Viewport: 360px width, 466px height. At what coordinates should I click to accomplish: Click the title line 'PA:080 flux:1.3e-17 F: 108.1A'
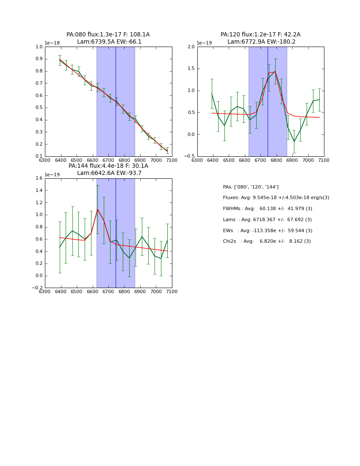click(108, 35)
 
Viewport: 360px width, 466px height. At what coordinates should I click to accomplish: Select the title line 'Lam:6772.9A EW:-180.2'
click(261, 42)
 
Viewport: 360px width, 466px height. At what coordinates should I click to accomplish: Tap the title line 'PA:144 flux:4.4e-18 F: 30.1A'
click(108, 166)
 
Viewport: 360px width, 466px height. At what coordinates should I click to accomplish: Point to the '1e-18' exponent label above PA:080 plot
click(52, 43)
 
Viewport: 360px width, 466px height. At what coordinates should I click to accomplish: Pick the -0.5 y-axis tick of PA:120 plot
click(189, 156)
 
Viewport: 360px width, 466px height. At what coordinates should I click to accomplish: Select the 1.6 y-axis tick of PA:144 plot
click(39, 178)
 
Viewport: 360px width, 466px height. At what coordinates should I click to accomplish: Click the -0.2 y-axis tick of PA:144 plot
click(37, 288)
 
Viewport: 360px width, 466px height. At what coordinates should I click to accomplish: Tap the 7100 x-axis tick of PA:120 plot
click(324, 160)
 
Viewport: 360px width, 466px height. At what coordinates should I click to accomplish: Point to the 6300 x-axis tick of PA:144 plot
click(45, 291)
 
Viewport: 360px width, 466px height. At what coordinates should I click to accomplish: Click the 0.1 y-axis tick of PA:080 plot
click(39, 156)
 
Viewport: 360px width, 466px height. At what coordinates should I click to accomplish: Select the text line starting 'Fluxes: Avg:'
click(276, 198)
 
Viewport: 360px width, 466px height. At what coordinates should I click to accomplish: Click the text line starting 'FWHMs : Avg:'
click(267, 209)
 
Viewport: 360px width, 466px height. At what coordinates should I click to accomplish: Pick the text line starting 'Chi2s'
click(267, 241)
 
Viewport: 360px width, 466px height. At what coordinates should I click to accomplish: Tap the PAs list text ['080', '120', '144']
click(251, 187)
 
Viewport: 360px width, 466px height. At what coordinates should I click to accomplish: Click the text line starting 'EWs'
click(267, 230)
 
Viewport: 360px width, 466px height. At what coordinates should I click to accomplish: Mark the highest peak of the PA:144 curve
click(97, 209)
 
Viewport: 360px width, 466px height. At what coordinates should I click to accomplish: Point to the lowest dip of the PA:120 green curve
click(294, 142)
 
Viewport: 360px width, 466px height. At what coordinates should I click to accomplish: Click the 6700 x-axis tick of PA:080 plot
click(108, 160)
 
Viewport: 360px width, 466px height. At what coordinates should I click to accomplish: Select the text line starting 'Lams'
click(267, 220)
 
